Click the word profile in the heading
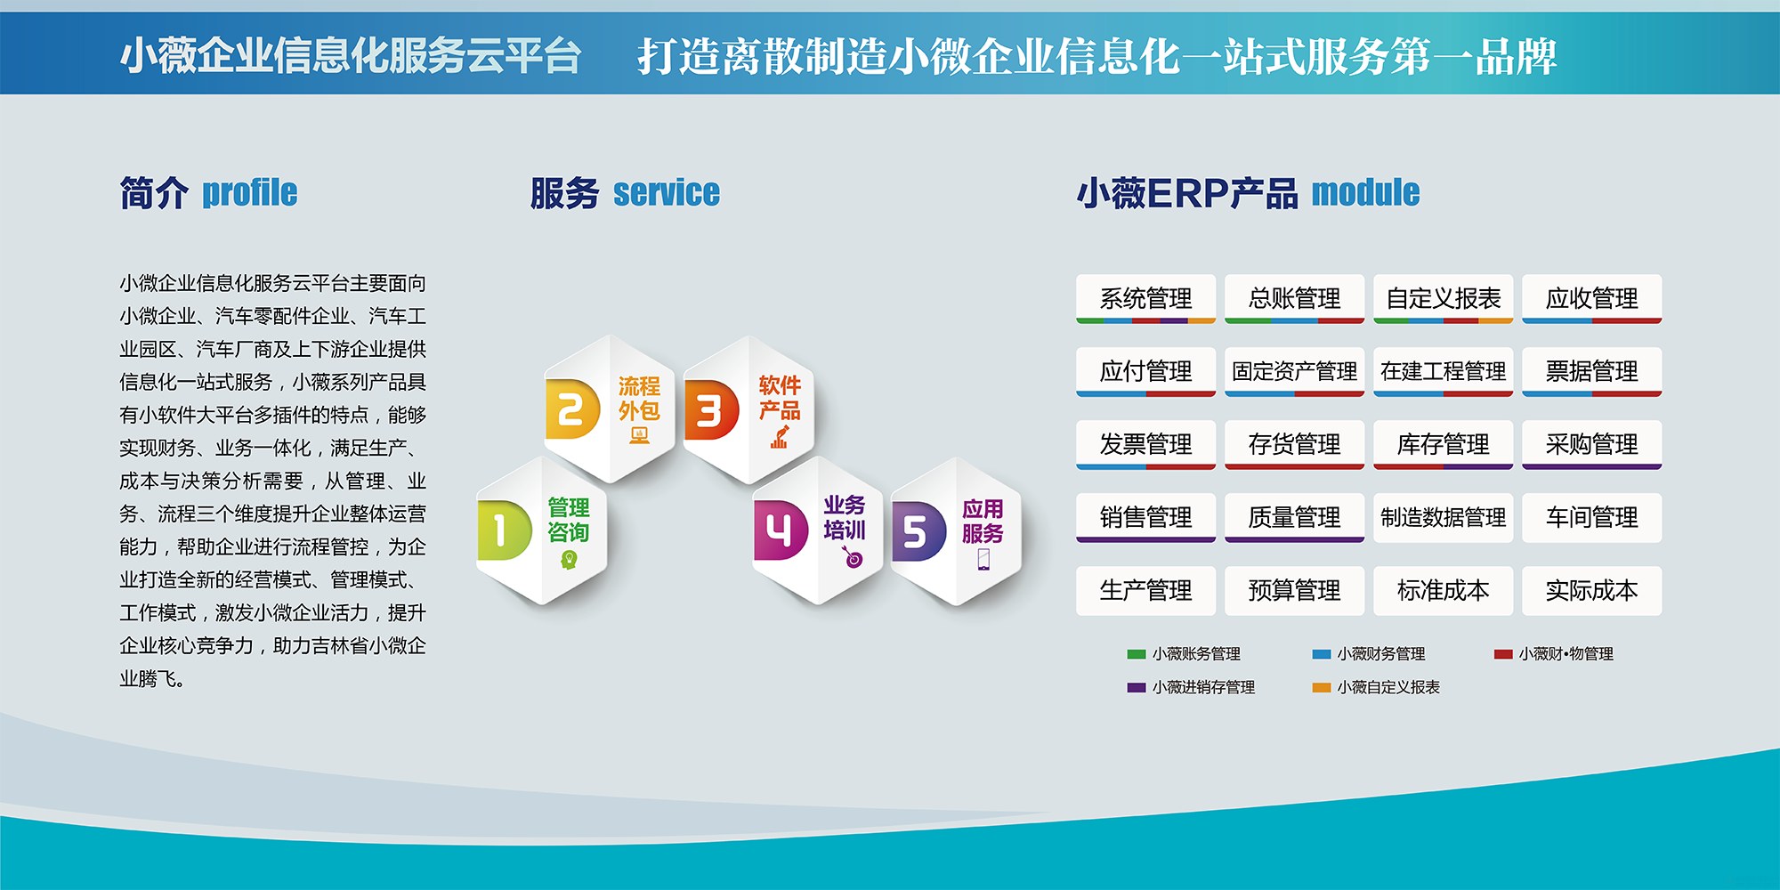pyautogui.click(x=249, y=193)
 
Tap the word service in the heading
pyautogui.click(x=667, y=193)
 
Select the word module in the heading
pyautogui.click(x=1365, y=192)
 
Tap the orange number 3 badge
pyautogui.click(x=711, y=410)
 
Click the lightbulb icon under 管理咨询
pyautogui.click(x=569, y=560)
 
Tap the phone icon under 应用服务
pyautogui.click(x=983, y=559)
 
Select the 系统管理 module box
pyautogui.click(x=1145, y=299)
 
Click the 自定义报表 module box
pyautogui.click(x=1443, y=299)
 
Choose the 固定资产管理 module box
pyautogui.click(x=1294, y=372)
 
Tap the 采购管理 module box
pyautogui.click(x=1591, y=445)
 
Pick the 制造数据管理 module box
pyautogui.click(x=1443, y=518)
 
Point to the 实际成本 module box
pyautogui.click(x=1591, y=591)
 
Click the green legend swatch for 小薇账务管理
pyautogui.click(x=1137, y=654)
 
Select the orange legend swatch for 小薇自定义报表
pyautogui.click(x=1322, y=687)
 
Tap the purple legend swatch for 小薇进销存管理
pyautogui.click(x=1137, y=687)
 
